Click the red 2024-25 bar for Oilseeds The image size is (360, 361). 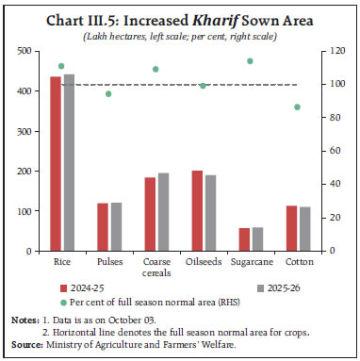(x=198, y=211)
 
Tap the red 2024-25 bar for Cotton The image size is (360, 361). (x=292, y=229)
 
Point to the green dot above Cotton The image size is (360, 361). (x=298, y=107)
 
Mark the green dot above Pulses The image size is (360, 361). (x=108, y=93)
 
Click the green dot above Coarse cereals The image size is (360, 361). (x=155, y=69)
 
